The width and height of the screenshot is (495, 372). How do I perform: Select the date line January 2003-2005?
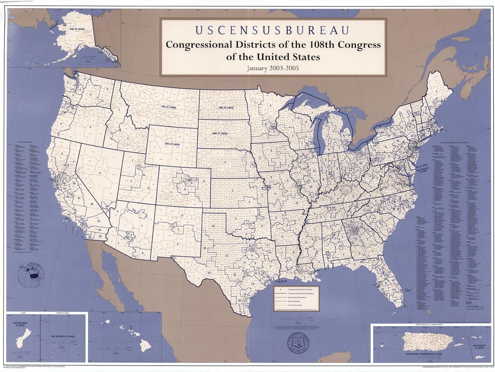(x=273, y=69)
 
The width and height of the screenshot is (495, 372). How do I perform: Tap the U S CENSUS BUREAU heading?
(x=273, y=30)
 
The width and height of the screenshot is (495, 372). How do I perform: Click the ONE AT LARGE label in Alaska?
(x=77, y=29)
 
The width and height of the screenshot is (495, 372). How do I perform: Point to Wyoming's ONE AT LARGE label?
(x=172, y=144)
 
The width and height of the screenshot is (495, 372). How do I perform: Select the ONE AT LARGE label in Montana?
(x=168, y=107)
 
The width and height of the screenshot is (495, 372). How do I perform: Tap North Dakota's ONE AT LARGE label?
(x=226, y=108)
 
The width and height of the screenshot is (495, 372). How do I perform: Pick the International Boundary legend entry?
(x=297, y=297)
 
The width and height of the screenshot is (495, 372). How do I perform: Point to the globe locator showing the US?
(x=31, y=274)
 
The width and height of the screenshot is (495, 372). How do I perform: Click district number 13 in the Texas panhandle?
(x=213, y=226)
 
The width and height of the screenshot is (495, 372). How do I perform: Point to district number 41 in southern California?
(x=98, y=221)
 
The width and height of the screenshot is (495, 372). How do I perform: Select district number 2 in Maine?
(x=436, y=91)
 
